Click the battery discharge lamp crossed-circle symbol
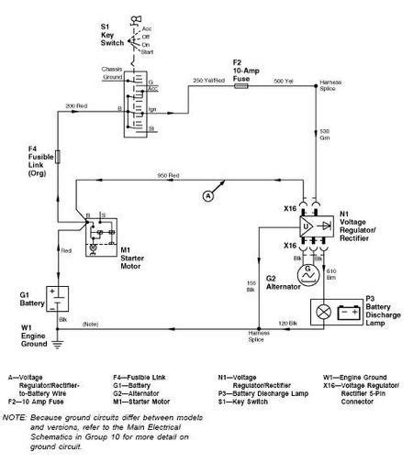[323, 311]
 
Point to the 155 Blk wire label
[250, 285]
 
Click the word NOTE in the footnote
[14, 417]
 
